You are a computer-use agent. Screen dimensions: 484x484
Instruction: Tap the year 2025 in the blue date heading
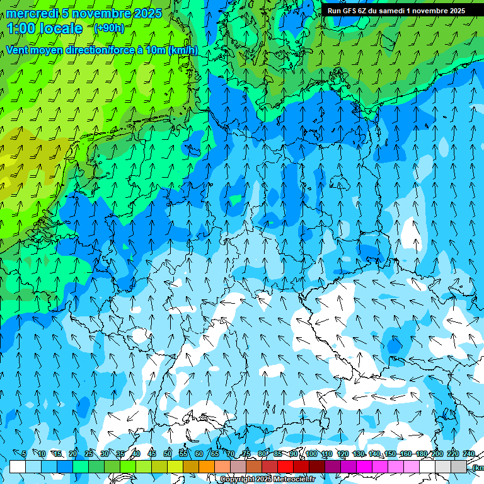click(146, 13)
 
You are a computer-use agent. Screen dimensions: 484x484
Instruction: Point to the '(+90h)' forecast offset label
click(108, 28)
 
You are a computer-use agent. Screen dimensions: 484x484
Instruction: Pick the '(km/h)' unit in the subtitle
click(183, 50)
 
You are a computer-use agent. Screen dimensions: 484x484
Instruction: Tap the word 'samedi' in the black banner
click(394, 10)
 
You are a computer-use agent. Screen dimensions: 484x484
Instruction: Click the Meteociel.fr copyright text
click(267, 480)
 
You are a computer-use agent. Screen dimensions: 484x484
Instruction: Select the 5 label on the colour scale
click(24, 454)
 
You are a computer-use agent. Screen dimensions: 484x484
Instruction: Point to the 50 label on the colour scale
click(168, 454)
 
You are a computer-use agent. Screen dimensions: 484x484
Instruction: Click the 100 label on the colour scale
click(311, 454)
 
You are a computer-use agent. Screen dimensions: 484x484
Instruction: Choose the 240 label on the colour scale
click(468, 454)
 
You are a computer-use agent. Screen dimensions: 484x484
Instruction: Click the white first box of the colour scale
click(18, 466)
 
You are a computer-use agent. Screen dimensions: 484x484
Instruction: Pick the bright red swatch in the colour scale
click(285, 466)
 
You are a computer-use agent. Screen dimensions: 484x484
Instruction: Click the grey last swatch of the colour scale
click(459, 466)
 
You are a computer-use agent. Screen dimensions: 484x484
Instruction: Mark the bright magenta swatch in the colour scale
click(364, 466)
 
